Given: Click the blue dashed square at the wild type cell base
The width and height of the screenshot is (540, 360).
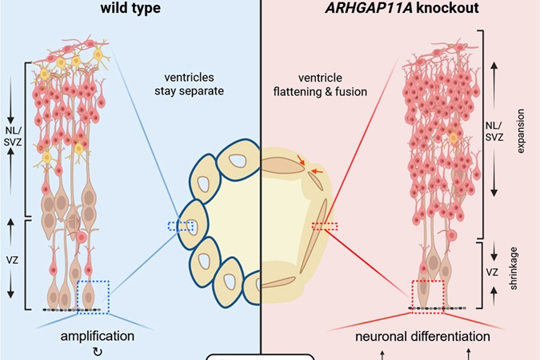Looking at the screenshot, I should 93,296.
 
